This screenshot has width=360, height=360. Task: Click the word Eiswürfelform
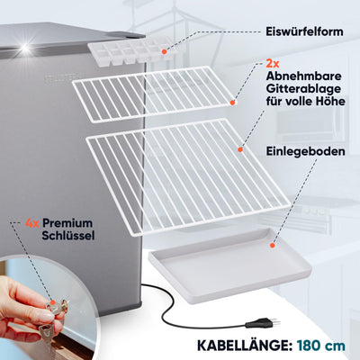pos(304,31)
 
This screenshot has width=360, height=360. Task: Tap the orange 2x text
pos(273,64)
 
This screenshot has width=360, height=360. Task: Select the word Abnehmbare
pos(303,76)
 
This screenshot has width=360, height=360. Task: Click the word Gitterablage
pos(303,89)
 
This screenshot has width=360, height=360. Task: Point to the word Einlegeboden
pos(305,151)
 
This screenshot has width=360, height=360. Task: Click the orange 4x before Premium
pos(32,223)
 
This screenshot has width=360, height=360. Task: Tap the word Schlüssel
pos(68,236)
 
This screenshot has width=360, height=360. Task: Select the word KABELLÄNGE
pos(245,346)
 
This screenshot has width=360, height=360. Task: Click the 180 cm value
pos(321,346)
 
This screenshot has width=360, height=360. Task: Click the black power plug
pos(262,324)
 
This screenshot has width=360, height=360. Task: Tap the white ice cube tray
pos(131,52)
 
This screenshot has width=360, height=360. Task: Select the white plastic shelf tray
pos(229,265)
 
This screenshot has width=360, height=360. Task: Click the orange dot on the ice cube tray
pos(164,51)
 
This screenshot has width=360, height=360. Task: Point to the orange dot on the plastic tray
pos(273,246)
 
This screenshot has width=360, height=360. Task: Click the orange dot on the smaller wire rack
pos(232,103)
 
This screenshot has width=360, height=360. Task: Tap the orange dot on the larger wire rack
pos(240,149)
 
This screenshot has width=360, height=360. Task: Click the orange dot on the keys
pos(53,302)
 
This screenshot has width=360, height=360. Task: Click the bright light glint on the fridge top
pos(25,49)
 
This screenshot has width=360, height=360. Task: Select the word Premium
pos(67,223)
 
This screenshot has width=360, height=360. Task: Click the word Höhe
pos(329,101)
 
